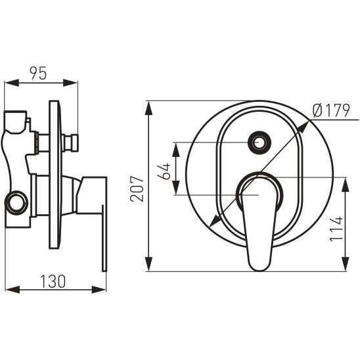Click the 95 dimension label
38,73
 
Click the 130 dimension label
53,281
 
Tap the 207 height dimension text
137,189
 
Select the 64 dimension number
164,171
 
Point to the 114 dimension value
336,229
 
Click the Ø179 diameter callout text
331,110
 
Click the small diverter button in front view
259,143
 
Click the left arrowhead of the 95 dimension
11,83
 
